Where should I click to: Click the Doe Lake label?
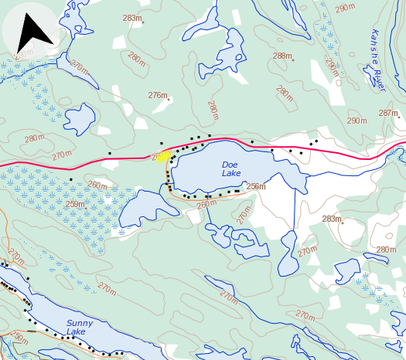click(x=230, y=168)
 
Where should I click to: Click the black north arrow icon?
click(x=33, y=32)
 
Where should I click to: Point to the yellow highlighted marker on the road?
click(x=163, y=156)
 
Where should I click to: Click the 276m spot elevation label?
click(x=158, y=95)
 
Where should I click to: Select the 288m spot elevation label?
click(x=282, y=56)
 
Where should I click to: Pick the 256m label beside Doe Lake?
click(x=255, y=186)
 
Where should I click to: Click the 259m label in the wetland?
click(x=75, y=204)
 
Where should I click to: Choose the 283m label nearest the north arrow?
click(x=132, y=18)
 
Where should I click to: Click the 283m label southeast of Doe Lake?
click(x=332, y=219)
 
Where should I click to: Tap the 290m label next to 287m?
click(x=357, y=121)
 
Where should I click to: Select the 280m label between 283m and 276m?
click(x=137, y=58)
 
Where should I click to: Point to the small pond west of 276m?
click(x=78, y=118)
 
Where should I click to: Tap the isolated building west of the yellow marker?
click(x=109, y=153)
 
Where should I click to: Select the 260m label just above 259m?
click(x=97, y=185)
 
